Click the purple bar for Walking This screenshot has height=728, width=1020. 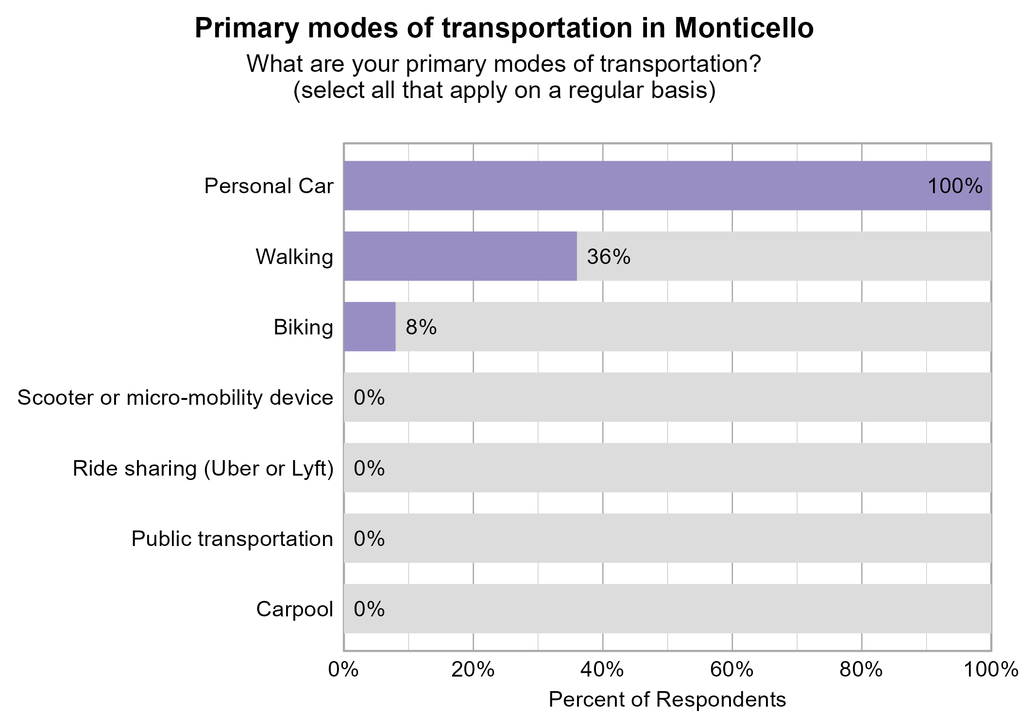[460, 256]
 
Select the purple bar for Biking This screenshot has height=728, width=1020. [370, 327]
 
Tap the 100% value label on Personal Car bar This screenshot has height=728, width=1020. [954, 186]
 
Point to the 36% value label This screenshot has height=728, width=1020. [608, 257]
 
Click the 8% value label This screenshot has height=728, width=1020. [421, 327]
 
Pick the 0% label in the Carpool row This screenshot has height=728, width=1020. [369, 609]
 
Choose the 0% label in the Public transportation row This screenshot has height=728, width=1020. [369, 539]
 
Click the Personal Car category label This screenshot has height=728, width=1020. [269, 186]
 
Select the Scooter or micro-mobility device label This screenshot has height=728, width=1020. [175, 397]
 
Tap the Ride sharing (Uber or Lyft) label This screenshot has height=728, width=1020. [203, 468]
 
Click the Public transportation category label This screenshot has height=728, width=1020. [232, 539]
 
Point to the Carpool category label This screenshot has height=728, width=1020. [294, 609]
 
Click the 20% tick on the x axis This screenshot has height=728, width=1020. [473, 670]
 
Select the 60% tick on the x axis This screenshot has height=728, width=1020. [731, 670]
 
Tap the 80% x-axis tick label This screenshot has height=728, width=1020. [861, 670]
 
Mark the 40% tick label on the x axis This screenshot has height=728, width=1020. [602, 670]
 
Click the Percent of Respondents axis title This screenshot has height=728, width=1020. [667, 699]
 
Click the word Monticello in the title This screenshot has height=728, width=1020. [744, 28]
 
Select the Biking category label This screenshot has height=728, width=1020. [303, 327]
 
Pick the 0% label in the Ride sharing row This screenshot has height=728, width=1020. [369, 468]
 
